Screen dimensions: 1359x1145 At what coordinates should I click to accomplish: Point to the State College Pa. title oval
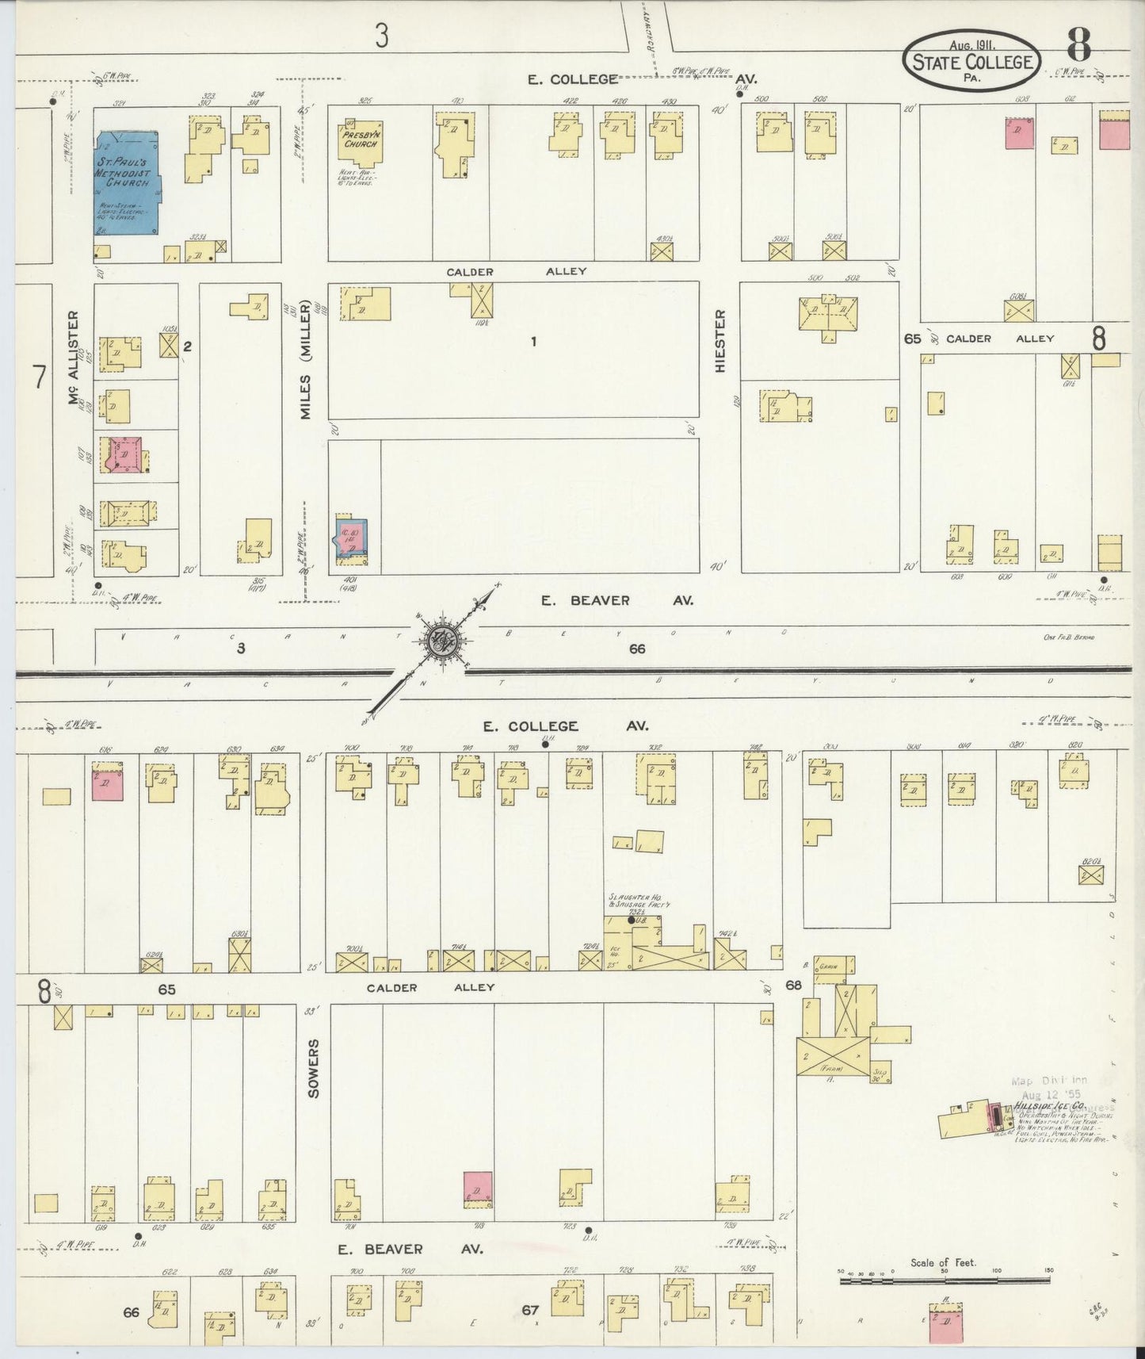(x=972, y=61)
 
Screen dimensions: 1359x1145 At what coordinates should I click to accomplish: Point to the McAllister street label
(x=75, y=359)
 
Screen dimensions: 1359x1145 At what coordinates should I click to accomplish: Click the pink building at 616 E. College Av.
(x=107, y=783)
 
